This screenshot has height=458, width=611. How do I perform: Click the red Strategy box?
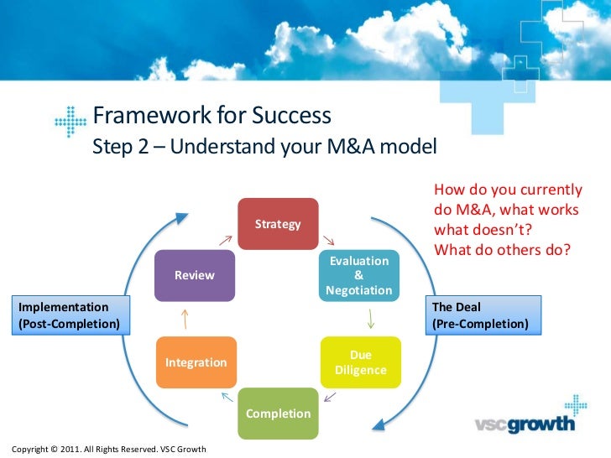coord(278,224)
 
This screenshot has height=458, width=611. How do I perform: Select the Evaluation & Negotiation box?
coord(359,276)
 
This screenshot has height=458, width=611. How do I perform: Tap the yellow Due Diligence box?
coord(361,362)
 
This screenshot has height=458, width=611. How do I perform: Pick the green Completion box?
coord(279,414)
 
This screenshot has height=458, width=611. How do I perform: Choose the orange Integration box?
coord(196,362)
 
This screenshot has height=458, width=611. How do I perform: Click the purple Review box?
coord(195,276)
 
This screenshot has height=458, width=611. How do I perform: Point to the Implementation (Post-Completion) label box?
coord(70,315)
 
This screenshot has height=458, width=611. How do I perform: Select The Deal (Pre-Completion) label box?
coord(483,315)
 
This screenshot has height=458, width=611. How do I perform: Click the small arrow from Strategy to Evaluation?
coord(328,240)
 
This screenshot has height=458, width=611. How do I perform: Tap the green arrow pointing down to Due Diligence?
coord(371,319)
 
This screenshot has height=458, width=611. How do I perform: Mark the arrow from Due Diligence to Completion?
coord(330,397)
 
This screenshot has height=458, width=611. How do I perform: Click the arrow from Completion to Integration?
coord(227,397)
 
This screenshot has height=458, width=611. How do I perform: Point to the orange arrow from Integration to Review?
coord(185,319)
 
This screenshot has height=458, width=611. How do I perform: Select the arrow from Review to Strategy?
coord(226,240)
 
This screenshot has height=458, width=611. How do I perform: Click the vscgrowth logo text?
coord(525,424)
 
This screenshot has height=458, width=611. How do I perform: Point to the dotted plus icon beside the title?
coord(70,122)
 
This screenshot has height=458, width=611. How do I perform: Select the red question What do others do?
coord(502,250)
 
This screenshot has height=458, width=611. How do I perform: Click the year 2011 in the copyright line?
coord(70,449)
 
